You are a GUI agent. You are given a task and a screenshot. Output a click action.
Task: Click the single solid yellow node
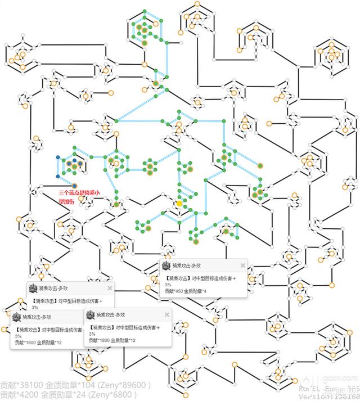(179, 203)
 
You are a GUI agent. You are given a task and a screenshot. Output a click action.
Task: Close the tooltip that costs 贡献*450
(243, 265)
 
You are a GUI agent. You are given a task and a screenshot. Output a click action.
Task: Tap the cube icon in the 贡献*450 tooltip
(166, 265)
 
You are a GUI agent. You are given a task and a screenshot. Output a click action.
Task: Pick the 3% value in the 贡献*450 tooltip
(168, 285)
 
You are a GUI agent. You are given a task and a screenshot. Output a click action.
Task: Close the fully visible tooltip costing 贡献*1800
(166, 314)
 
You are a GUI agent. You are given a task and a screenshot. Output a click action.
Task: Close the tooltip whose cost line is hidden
(110, 288)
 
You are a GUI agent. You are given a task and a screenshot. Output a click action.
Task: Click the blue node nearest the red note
(74, 185)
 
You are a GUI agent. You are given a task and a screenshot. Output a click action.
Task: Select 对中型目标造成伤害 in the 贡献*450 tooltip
(210, 278)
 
